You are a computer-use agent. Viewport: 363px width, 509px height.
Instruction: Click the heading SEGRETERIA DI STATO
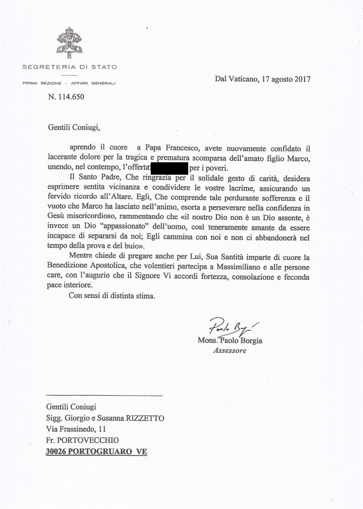coord(70,67)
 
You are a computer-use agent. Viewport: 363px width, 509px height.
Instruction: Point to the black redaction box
coord(168,168)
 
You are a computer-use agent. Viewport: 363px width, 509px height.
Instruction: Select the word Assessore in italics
coord(229,350)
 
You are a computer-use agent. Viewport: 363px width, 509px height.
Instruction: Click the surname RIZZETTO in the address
coord(146,418)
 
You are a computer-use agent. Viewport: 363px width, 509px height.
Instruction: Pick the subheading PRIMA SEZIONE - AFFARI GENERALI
coord(69,83)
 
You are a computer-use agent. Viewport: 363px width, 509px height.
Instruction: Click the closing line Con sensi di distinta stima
coord(112,295)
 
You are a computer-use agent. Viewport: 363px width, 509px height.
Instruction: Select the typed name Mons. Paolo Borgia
coord(230,341)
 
